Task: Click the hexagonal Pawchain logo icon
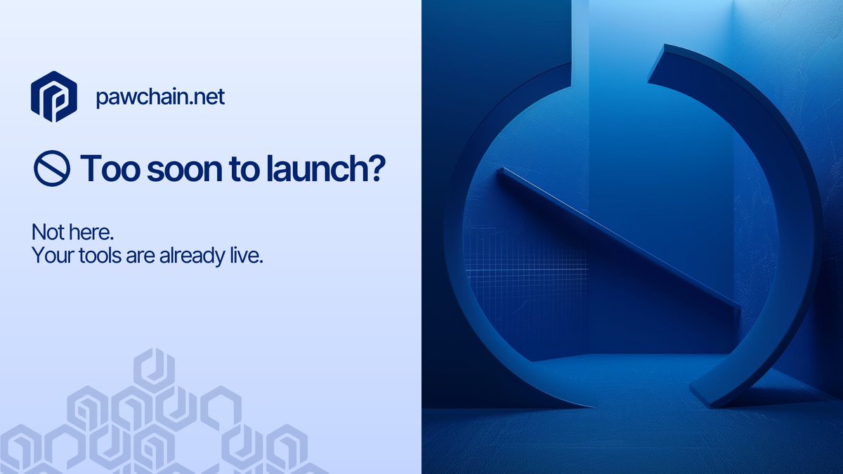coord(53,96)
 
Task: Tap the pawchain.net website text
coord(160,97)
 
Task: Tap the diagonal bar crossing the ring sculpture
coord(618,239)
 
